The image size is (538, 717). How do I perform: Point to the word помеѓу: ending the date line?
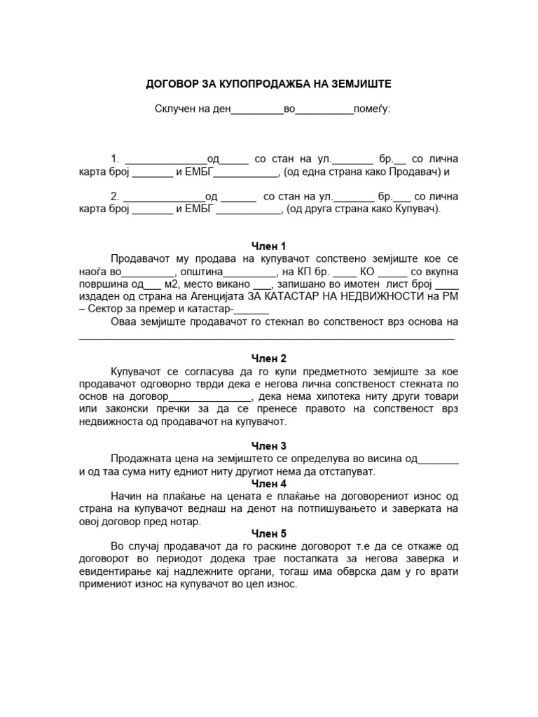pyautogui.click(x=373, y=109)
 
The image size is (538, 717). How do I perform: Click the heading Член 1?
pyautogui.click(x=268, y=246)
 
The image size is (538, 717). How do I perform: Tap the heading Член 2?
pyautogui.click(x=268, y=359)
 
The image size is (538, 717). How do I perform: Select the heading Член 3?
pyautogui.click(x=268, y=446)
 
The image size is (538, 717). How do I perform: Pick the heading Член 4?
pyautogui.click(x=268, y=484)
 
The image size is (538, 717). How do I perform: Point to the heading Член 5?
pyautogui.click(x=268, y=534)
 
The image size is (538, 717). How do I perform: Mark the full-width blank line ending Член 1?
pyautogui.click(x=267, y=337)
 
